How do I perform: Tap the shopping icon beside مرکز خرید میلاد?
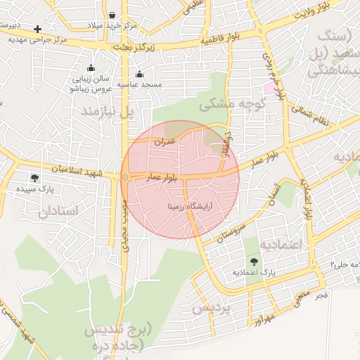click(112, 14)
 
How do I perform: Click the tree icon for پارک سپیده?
click(34, 179)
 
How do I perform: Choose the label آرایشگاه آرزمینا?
click(191, 207)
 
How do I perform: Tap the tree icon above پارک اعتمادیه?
click(254, 261)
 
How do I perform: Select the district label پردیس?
click(211, 308)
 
